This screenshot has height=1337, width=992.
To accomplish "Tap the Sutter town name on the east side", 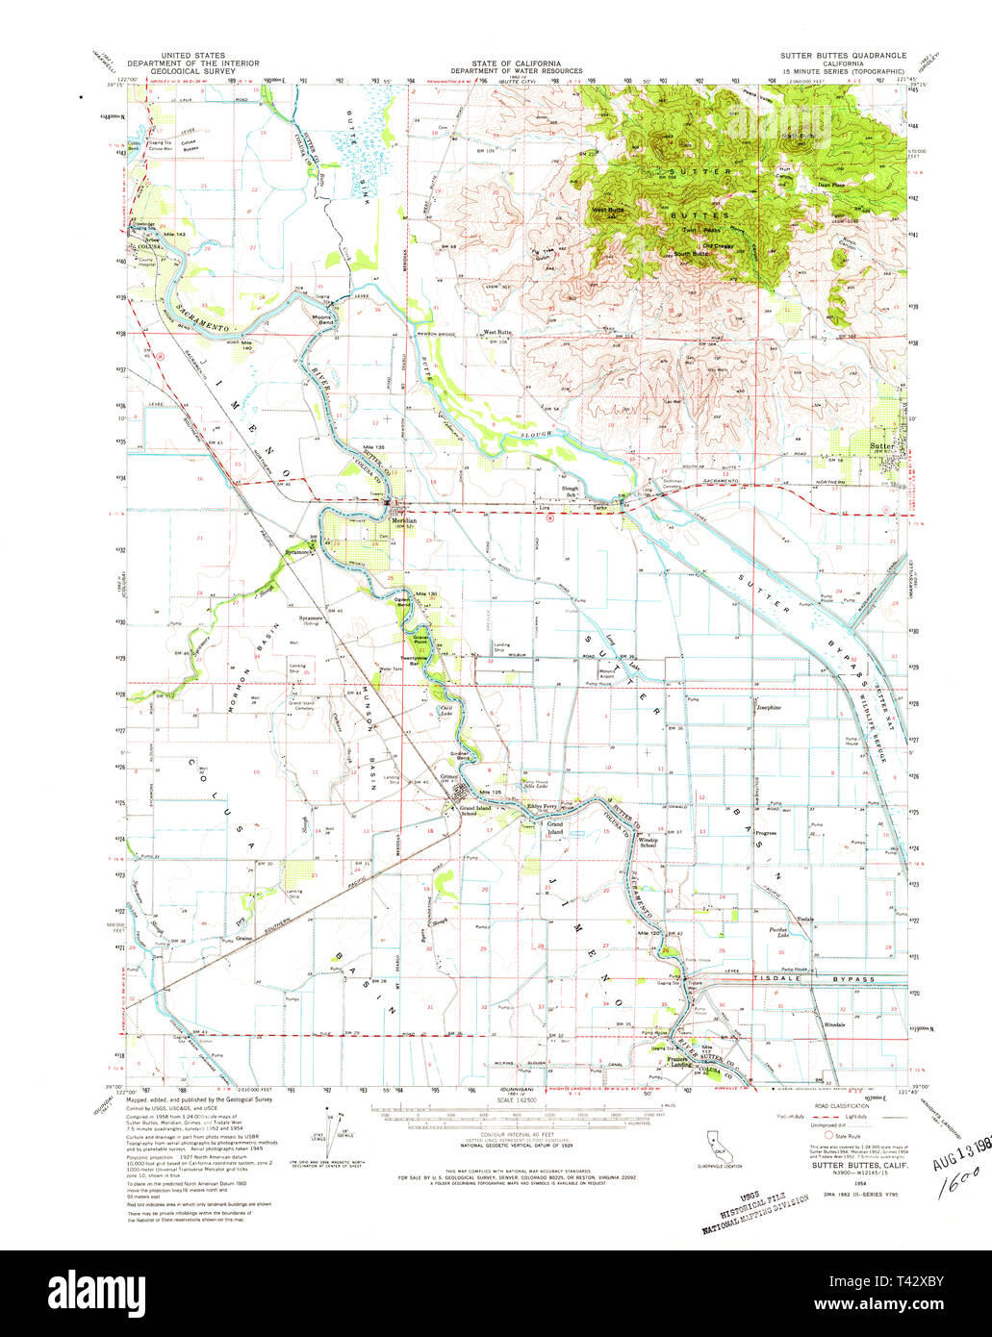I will [x=882, y=447].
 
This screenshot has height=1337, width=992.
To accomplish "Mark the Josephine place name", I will [x=767, y=708].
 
